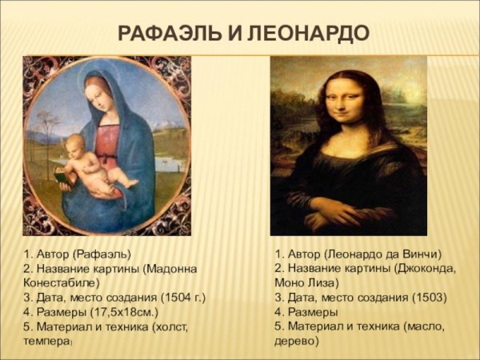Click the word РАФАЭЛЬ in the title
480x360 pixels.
[165, 34]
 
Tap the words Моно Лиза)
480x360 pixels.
[306, 283]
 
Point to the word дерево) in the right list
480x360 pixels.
[296, 341]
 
